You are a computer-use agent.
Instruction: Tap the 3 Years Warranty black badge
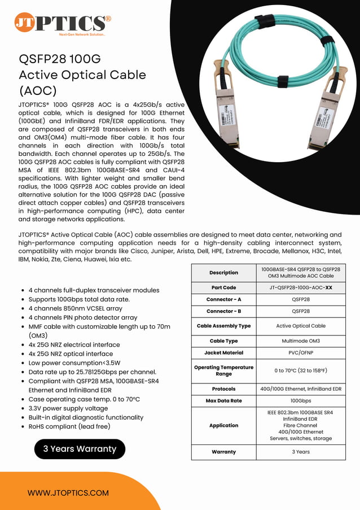pos(80,449)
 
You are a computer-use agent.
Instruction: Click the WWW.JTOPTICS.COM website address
pos(68,492)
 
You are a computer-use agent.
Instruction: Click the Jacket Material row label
pos(223,352)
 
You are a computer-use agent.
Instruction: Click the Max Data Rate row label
pos(223,400)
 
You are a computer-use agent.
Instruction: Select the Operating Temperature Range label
pos(223,370)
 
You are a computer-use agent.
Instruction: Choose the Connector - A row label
pos(223,299)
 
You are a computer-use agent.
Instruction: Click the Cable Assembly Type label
pos(223,326)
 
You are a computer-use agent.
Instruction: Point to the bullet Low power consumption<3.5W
pos(74,363)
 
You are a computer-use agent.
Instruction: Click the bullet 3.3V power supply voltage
pos(68,408)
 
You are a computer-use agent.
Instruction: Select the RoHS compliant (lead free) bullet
pos(69,426)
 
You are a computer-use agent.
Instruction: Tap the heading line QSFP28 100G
pos(60,59)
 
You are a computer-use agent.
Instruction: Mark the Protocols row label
pos(223,389)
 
